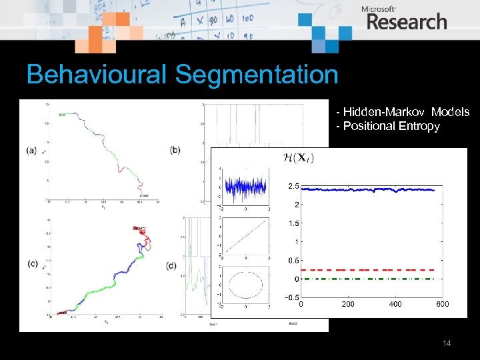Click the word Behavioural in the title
coord(97,75)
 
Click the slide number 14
coord(447,343)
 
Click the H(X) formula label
coord(298,158)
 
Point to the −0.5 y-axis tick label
coord(291,297)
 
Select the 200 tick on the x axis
coord(348,304)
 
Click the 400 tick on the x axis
coord(395,304)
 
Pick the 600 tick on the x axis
coord(443,304)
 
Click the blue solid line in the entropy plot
coord(373,190)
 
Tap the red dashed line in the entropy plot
coord(373,269)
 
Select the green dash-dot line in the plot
coord(373,279)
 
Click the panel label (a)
coord(31,150)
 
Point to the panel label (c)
coord(31,264)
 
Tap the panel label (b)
coord(175,150)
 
